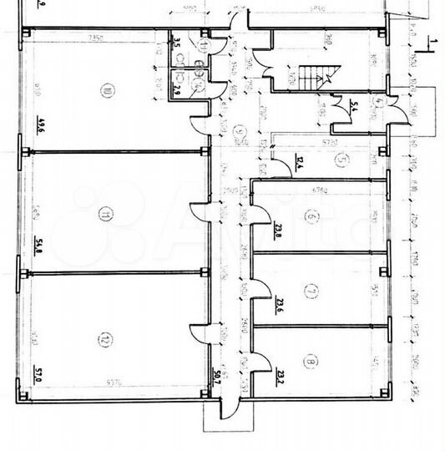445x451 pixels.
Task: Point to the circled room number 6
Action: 311,219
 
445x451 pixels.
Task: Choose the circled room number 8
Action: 311,362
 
